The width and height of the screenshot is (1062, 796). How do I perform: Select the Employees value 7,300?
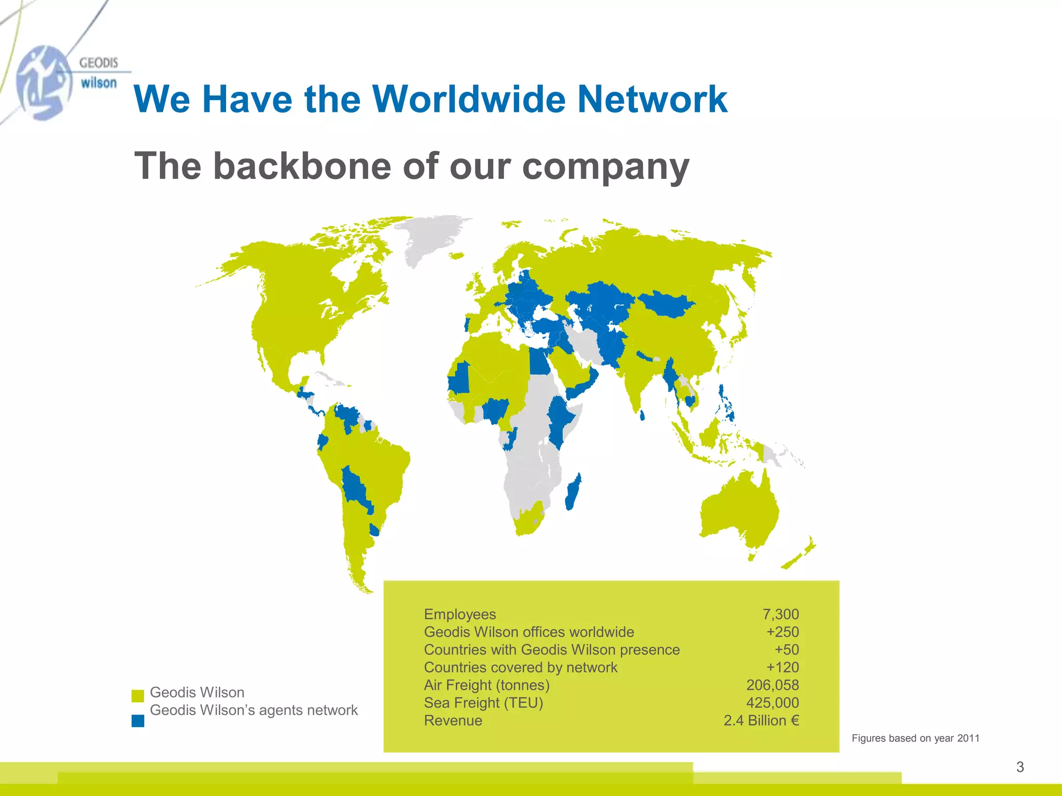click(780, 614)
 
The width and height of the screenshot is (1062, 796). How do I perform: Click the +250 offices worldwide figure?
click(782, 632)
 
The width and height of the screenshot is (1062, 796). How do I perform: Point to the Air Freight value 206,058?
click(772, 685)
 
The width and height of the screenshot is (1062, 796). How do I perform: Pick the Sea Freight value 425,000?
click(772, 703)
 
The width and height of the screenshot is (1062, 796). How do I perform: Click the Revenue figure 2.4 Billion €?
click(761, 720)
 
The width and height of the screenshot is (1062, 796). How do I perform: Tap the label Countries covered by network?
click(521, 667)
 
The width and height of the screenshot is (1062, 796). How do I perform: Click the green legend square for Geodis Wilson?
click(138, 695)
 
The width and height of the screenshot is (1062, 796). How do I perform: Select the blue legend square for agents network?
click(138, 721)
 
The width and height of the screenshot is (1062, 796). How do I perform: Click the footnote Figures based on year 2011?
click(915, 738)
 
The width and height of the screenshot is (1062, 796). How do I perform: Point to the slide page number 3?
click(1020, 767)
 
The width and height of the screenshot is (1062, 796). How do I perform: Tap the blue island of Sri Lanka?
click(642, 415)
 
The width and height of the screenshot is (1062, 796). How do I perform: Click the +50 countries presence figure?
click(787, 649)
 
